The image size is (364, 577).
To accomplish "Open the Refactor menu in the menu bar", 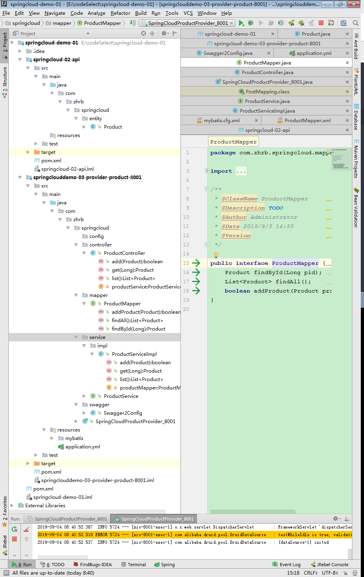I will coord(120,13).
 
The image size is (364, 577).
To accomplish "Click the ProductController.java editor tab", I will coord(267,72).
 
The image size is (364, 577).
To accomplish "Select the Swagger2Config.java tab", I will coord(227,53).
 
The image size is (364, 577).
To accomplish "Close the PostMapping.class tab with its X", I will coord(347,91).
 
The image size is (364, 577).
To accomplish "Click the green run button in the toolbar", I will coord(241,23).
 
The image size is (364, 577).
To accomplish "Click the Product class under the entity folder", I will coord(113,127).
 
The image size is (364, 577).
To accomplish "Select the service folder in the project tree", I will coord(97,337).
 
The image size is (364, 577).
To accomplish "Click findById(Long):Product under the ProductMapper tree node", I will coord(138,329).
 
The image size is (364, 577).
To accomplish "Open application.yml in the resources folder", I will coord(83,446).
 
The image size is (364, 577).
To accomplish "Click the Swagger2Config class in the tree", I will coord(123,413).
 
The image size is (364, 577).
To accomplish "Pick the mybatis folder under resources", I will coord(74,438).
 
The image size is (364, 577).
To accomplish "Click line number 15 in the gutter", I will coord(186,263).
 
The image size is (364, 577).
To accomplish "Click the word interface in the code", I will coord(252,263).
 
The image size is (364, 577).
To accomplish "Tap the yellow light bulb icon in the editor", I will coord(216,255).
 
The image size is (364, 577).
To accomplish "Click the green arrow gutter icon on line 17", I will coord(196,281).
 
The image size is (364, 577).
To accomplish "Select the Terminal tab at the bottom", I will coord(136,564).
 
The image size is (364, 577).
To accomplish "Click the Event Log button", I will coord(289,564).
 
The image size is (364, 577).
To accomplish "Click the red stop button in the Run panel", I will coord(14,539).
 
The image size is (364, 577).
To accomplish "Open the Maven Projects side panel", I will coord(356,160).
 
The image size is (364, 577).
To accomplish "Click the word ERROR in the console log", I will coord(101,535).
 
